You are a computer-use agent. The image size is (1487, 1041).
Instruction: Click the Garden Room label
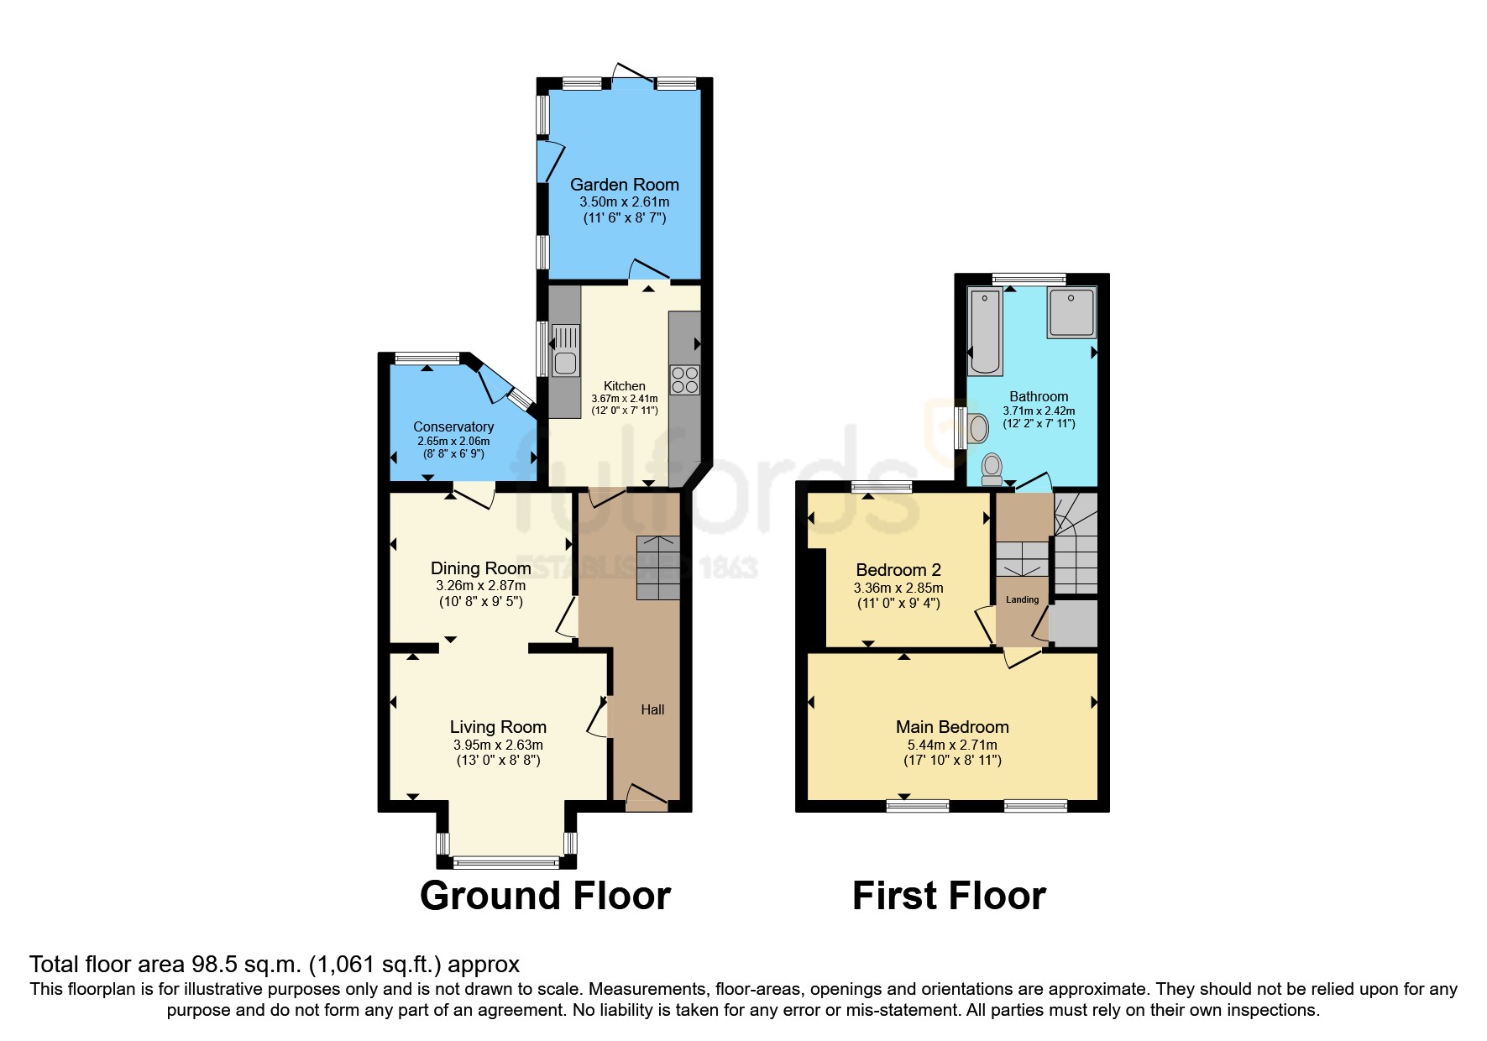point(624,185)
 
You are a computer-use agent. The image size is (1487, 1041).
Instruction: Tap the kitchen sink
point(565,350)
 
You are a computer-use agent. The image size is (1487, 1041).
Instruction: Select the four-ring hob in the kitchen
point(685,379)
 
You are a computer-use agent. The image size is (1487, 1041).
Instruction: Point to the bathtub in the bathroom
point(985,332)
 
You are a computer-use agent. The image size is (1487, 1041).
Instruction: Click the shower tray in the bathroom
point(1071,312)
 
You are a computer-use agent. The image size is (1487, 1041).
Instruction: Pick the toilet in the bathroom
point(992,469)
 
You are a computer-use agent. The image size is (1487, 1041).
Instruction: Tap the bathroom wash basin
point(976,428)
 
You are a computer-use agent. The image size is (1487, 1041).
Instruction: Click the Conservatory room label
point(453,427)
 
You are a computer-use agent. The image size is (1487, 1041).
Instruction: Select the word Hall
point(652,709)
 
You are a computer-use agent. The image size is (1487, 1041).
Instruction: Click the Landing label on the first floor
point(1022,599)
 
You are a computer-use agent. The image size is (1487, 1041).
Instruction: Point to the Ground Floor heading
point(545,896)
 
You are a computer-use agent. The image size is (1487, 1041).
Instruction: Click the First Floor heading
point(949,896)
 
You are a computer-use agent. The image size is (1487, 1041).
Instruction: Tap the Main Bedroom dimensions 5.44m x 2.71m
point(952,745)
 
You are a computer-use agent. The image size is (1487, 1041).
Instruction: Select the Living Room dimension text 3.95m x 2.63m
point(498,745)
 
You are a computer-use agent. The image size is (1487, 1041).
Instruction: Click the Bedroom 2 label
point(898,570)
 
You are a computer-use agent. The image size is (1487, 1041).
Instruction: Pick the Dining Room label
point(480,568)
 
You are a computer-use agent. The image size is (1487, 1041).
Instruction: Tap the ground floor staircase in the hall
point(658,568)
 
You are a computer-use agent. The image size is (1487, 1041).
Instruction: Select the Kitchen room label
point(625,386)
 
